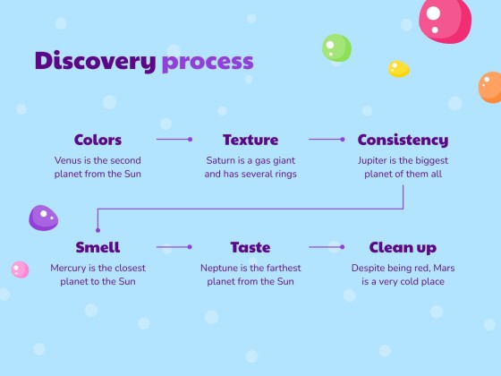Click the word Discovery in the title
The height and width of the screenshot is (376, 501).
(x=95, y=61)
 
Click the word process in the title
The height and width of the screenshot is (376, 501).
(x=208, y=63)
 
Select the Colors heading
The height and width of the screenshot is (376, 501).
(x=98, y=140)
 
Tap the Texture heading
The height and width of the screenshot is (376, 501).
(x=250, y=140)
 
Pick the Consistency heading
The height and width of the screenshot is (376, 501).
(x=403, y=140)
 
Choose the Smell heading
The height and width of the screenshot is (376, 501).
(x=98, y=247)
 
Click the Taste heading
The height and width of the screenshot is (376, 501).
(x=250, y=247)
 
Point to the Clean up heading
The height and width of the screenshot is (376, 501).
(x=403, y=248)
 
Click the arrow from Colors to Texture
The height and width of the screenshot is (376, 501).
(x=174, y=140)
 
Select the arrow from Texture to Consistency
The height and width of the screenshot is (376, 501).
(x=327, y=140)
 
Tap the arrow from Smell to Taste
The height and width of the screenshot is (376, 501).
(x=174, y=247)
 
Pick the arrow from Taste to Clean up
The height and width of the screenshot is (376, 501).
(x=327, y=247)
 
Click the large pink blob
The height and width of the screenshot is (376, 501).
(x=446, y=20)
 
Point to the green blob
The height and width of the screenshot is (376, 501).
(x=336, y=47)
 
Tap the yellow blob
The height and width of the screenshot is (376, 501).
(x=399, y=69)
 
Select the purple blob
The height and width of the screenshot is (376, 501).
(x=44, y=218)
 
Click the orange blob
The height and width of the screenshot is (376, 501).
(x=490, y=88)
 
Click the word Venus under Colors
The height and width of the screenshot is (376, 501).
(x=68, y=160)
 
